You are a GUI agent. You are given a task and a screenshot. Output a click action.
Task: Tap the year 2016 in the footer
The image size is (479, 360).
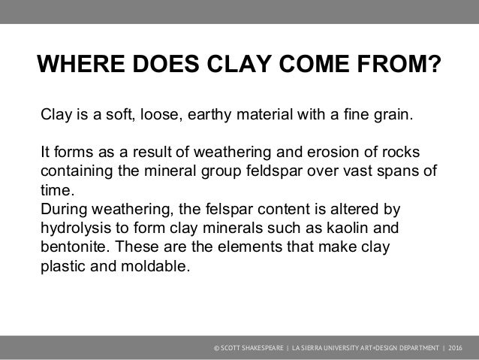[456, 350]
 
